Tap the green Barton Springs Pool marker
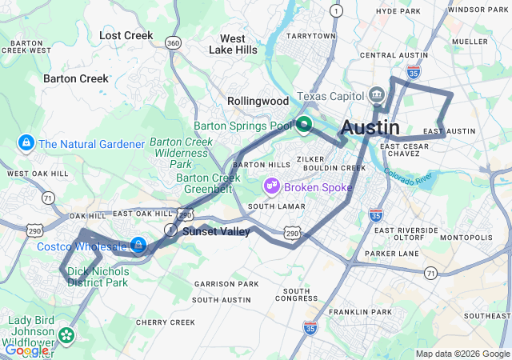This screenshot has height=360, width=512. pyautogui.click(x=304, y=125)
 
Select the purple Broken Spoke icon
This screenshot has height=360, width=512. pyautogui.click(x=272, y=186)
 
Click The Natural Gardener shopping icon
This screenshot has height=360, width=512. pyautogui.click(x=26, y=144)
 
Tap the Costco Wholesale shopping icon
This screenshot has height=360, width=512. pyautogui.click(x=138, y=245)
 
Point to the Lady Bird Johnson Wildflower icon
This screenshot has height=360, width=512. pyautogui.click(x=65, y=334)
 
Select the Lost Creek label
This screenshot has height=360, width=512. pyautogui.click(x=126, y=35)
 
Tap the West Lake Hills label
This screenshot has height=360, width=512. pyautogui.click(x=233, y=44)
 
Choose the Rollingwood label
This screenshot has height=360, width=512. pyautogui.click(x=258, y=102)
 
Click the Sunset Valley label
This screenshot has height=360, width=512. pyautogui.click(x=216, y=232)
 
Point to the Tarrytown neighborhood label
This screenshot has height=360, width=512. pyautogui.click(x=311, y=36)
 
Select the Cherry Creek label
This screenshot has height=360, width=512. pyautogui.click(x=166, y=322)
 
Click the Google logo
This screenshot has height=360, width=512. pyautogui.click(x=26, y=350)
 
